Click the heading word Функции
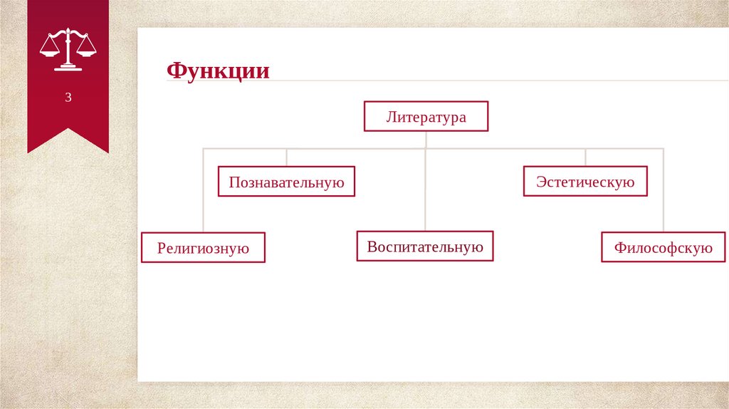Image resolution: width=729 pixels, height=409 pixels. (218, 71)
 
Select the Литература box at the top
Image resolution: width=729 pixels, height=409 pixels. (426, 117)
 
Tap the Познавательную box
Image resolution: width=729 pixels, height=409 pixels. (286, 182)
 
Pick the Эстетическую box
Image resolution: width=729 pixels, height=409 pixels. (585, 181)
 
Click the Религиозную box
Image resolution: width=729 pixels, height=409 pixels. (203, 247)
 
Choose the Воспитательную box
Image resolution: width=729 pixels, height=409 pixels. (425, 246)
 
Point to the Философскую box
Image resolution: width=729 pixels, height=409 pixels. (663, 247)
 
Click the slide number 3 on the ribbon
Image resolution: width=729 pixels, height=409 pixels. (68, 98)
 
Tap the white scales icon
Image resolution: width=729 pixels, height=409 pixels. (68, 48)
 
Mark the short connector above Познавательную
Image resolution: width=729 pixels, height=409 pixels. (286, 157)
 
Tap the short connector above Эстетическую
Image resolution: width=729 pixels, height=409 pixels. (585, 157)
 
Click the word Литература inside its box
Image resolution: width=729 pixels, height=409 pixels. (426, 117)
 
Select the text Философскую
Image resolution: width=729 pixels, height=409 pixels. (663, 248)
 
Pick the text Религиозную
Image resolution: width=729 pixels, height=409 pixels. (203, 248)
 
